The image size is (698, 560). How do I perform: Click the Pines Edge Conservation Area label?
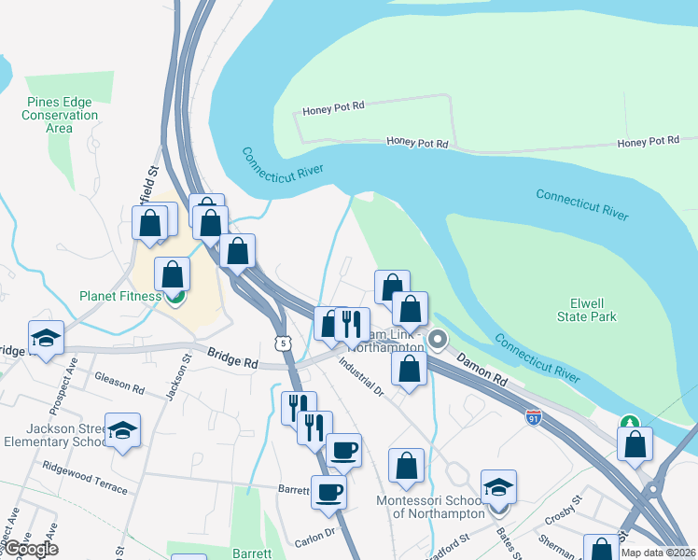[63, 115]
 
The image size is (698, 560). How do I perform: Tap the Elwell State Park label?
[593, 310]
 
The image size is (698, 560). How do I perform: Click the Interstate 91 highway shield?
[533, 417]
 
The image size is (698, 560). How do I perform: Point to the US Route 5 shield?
[282, 344]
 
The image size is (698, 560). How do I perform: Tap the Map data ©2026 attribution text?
[658, 553]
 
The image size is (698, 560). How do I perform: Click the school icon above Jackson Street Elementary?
[122, 430]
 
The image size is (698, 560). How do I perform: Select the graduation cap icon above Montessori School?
[498, 487]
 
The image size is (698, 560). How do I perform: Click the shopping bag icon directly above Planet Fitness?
[172, 274]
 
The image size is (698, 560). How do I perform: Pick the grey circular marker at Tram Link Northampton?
[437, 338]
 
